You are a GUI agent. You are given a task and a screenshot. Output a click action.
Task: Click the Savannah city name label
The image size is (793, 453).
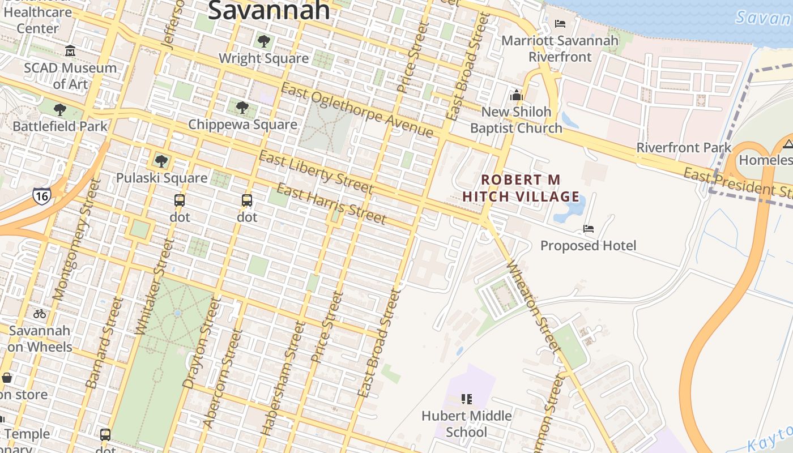coord(269,10)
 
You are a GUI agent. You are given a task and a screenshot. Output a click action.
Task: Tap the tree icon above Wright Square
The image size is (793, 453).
coord(263,41)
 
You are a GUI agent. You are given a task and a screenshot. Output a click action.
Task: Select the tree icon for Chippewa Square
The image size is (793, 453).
coord(242,107)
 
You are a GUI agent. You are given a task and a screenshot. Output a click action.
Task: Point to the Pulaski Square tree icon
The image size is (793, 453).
coord(161,161)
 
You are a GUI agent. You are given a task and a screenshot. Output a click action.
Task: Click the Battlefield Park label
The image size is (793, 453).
coord(60,126)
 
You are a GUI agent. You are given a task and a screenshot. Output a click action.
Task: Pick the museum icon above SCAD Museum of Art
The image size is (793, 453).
coord(70,51)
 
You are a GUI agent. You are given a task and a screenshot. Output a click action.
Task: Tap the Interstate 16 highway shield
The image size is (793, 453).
coord(41,195)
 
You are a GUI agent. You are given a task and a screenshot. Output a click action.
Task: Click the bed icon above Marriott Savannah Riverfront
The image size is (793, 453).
coord(560,24)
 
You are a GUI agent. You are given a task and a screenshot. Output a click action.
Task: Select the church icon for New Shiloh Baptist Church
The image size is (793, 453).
coord(516,95)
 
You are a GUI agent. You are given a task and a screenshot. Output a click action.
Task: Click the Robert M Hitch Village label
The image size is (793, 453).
coord(521,189)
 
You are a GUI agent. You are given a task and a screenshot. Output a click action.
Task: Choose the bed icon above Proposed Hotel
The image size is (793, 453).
coord(589,229)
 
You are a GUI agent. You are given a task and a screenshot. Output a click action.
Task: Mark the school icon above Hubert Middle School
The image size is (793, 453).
coord(467,399)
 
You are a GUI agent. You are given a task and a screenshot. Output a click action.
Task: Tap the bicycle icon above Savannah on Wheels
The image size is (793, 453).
coord(40,313)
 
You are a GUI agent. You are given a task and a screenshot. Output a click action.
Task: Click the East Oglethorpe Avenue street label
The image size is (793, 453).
coord(357,110)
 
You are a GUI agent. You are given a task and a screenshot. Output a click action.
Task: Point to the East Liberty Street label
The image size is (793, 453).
coord(316,172)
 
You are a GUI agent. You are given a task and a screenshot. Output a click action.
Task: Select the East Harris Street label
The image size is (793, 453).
coord(331,204)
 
